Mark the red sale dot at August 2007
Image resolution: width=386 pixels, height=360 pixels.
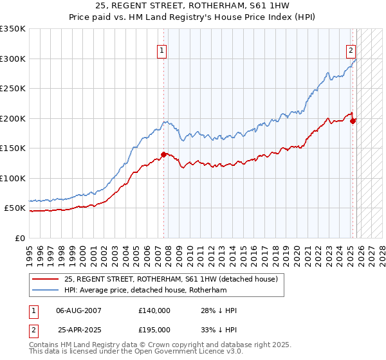(x=164, y=154)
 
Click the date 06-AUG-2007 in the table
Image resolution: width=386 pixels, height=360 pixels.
(x=78, y=310)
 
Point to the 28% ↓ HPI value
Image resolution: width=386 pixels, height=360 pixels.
(x=219, y=310)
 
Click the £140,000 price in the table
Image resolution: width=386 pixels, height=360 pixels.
(x=154, y=310)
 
